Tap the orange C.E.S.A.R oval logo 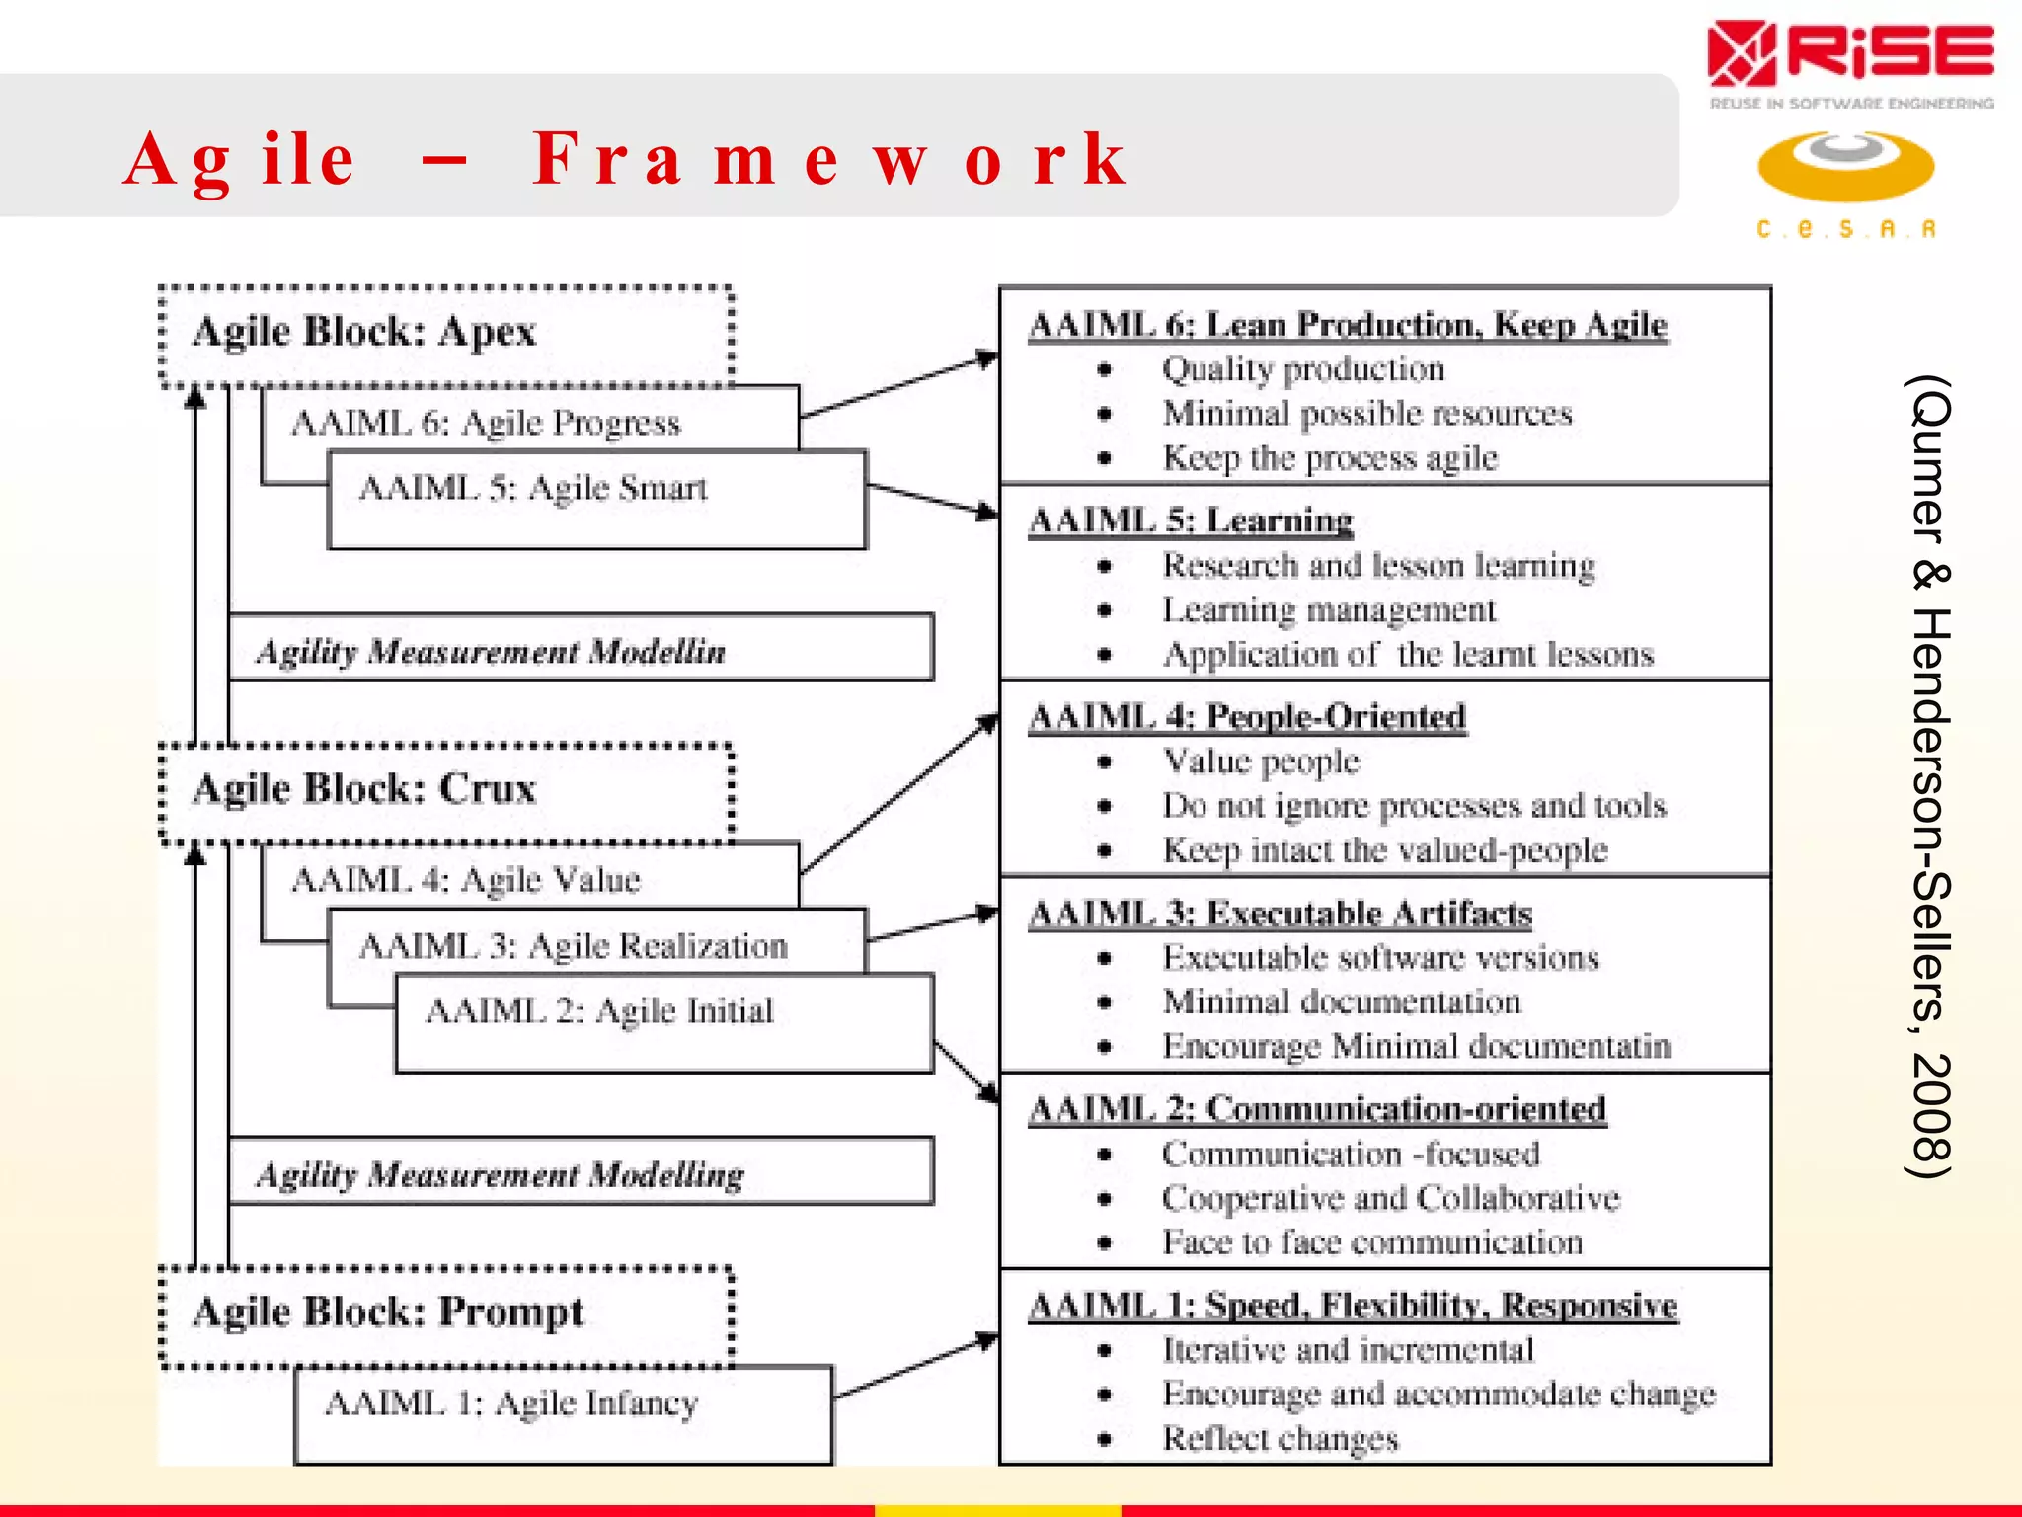(x=1845, y=166)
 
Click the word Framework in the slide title (x=829, y=160)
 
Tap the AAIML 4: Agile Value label (x=466, y=879)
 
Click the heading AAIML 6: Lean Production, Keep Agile (x=1348, y=325)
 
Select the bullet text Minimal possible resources (x=1367, y=413)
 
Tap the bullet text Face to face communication (x=1372, y=1241)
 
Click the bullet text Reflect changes (x=1281, y=1438)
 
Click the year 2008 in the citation (x=1927, y=1116)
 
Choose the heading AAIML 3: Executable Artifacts (x=1281, y=914)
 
